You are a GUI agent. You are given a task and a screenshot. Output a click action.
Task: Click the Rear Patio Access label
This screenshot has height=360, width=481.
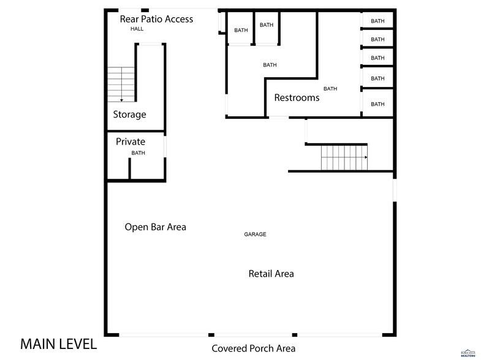156,19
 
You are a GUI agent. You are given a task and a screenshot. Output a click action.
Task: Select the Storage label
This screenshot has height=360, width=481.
129,114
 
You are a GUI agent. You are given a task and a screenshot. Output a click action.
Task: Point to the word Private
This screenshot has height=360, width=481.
131,142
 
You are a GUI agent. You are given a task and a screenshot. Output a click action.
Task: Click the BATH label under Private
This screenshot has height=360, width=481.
138,153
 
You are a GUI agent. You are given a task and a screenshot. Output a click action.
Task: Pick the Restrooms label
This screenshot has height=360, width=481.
297,98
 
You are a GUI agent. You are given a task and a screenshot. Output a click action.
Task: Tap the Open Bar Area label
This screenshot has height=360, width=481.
155,227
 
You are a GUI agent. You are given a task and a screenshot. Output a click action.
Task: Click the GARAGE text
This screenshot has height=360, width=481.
255,234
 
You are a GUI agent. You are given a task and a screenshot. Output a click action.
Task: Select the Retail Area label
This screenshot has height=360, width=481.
271,274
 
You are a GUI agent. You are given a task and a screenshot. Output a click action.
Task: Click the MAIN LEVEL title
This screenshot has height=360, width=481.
58,344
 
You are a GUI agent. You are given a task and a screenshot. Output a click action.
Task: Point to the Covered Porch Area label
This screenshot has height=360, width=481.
254,349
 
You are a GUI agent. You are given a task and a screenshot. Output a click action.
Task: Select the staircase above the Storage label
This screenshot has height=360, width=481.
121,84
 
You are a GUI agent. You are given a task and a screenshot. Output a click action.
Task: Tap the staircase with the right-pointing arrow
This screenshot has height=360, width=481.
344,157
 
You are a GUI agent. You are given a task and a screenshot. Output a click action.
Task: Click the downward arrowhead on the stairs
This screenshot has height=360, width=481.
121,99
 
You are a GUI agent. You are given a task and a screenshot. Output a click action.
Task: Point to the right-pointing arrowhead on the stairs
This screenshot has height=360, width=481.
365,157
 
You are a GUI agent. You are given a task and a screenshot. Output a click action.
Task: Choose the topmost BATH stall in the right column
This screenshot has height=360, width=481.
377,21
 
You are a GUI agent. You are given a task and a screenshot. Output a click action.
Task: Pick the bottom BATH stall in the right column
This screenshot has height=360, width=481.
377,104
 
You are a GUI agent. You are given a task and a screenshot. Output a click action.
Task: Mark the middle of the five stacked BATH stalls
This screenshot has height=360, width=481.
377,59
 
